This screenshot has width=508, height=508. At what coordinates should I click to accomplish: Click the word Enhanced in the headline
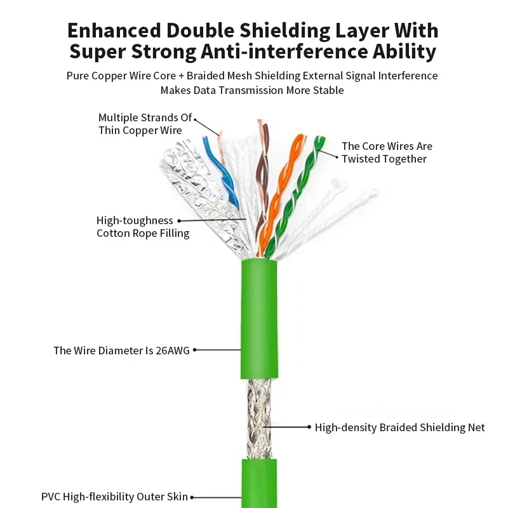click(x=114, y=30)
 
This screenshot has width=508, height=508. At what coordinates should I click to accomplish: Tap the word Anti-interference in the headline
click(x=284, y=51)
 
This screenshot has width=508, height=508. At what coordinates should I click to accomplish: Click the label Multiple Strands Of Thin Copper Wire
click(x=145, y=124)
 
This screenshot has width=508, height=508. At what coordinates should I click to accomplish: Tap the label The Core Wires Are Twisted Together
click(x=387, y=152)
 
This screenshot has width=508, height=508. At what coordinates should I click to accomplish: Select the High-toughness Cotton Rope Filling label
click(x=143, y=227)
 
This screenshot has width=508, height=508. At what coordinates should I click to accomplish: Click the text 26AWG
click(x=173, y=351)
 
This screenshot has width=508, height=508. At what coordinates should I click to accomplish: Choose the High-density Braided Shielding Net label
click(x=400, y=427)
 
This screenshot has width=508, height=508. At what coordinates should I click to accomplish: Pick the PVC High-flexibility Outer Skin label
click(x=114, y=497)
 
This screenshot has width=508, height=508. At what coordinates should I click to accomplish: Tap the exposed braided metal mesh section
click(x=259, y=418)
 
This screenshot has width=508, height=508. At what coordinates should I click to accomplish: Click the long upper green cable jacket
click(x=259, y=319)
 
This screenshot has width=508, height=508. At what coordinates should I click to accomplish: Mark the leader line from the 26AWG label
click(x=217, y=350)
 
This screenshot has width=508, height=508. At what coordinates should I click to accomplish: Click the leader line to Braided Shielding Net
click(x=287, y=427)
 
